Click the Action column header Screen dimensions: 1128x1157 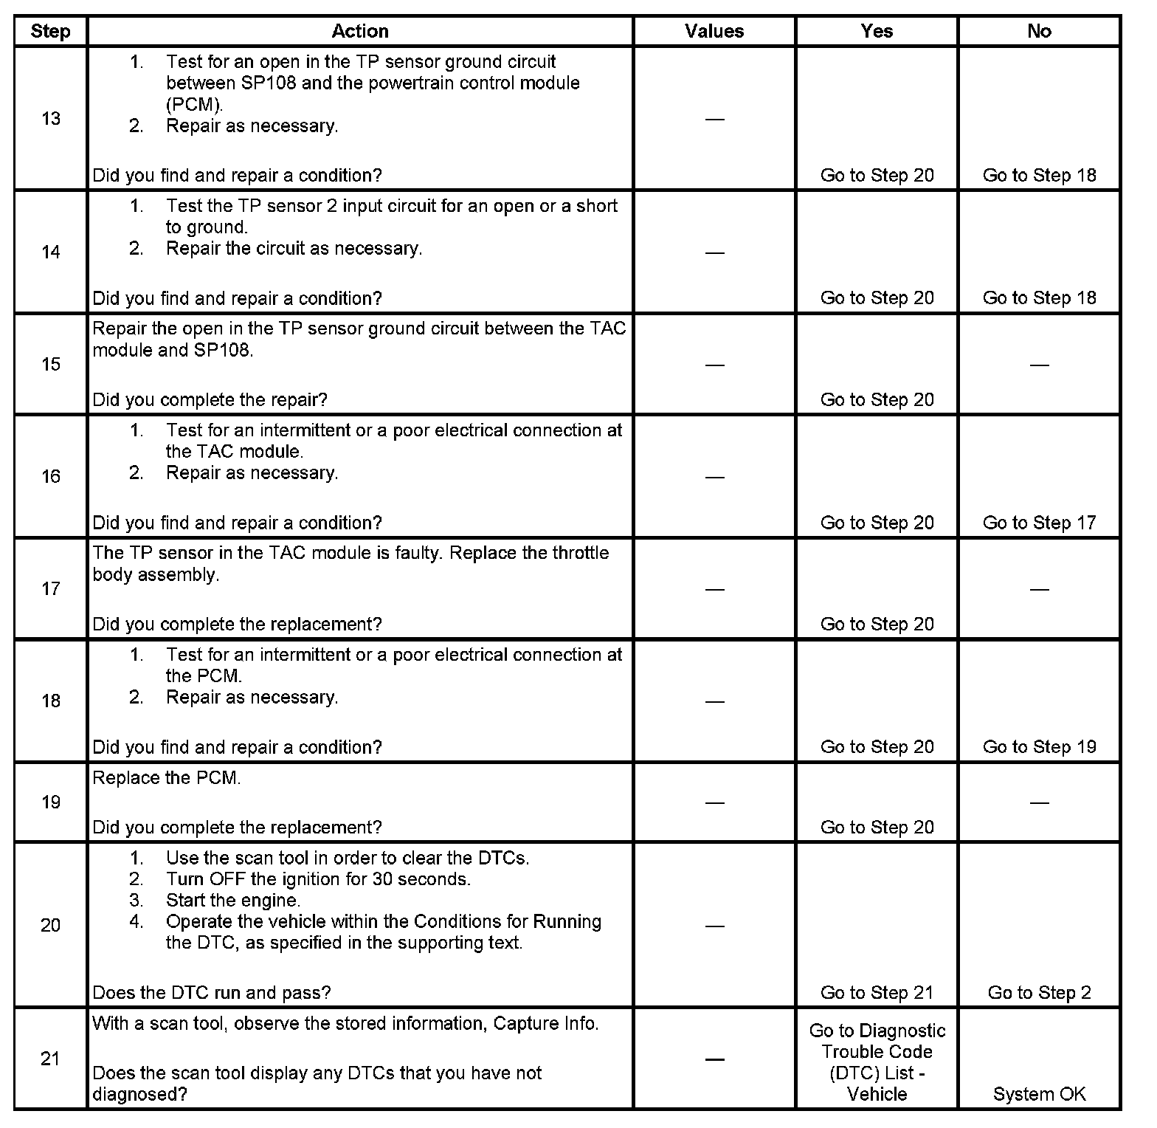[359, 31]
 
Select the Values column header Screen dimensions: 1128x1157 [714, 31]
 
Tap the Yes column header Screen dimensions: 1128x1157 [877, 31]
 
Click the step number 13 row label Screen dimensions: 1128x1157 [50, 119]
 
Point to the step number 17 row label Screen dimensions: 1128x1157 [50, 588]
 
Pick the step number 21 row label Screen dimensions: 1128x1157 [50, 1059]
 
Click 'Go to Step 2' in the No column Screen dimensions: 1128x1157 [1039, 993]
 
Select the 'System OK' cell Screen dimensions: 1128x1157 [1039, 1094]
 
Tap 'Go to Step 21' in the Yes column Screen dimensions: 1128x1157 [877, 993]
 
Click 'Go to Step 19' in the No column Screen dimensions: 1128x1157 [1039, 747]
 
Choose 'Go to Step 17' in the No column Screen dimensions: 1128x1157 [1039, 523]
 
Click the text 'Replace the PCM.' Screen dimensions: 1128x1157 [167, 778]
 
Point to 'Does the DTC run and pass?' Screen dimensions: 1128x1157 [212, 993]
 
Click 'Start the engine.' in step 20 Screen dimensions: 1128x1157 [233, 901]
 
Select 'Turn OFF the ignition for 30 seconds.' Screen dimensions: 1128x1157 [318, 879]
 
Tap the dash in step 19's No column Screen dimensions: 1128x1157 [1039, 802]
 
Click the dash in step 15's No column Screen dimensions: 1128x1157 [1039, 365]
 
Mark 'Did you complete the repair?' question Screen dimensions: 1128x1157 [210, 400]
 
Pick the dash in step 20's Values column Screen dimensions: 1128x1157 [714, 926]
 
